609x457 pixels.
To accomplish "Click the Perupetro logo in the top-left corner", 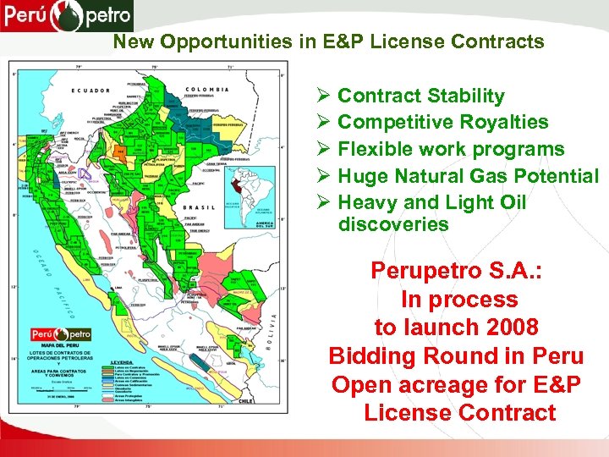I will click(x=67, y=15).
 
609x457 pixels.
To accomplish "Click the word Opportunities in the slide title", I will click(x=206, y=41).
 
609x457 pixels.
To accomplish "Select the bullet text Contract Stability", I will click(x=420, y=96).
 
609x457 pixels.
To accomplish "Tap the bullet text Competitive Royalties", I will click(x=442, y=122).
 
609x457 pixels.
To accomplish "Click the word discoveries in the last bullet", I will click(x=392, y=224).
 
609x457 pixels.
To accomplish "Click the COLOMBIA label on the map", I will click(x=208, y=89).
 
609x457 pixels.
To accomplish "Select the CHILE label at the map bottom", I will click(x=245, y=399).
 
